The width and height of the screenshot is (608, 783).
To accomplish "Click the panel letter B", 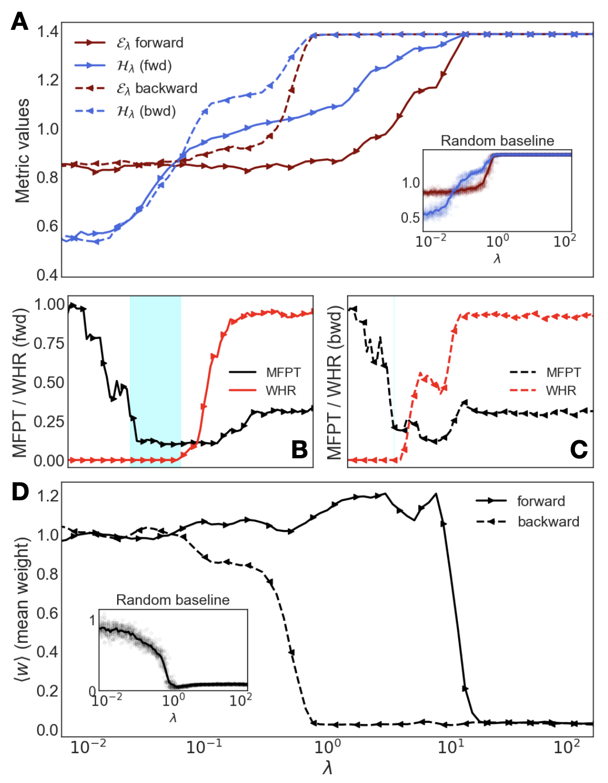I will pyautogui.click(x=299, y=449).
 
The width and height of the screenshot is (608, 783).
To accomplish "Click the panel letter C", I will pyautogui.click(x=579, y=449).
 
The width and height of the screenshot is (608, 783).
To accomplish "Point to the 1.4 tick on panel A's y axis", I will pyautogui.click(x=48, y=32).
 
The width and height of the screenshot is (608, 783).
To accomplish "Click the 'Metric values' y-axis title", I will pyautogui.click(x=22, y=151).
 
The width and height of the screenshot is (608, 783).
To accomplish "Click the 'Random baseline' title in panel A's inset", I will pyautogui.click(x=497, y=141).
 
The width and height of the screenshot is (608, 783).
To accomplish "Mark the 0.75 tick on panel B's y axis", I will pyautogui.click(x=49, y=343).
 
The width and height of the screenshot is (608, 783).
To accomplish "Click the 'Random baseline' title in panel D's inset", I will pyautogui.click(x=172, y=600).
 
